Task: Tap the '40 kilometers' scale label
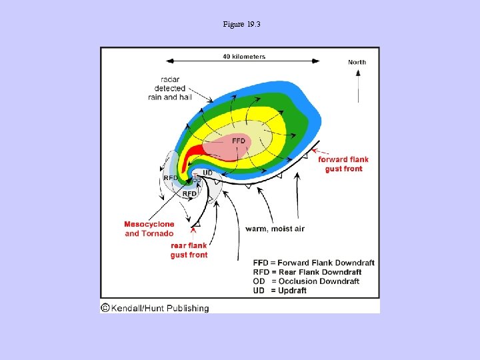pos(244,57)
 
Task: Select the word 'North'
pos(357,62)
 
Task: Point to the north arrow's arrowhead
pos(358,72)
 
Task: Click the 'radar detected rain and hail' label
pos(170,88)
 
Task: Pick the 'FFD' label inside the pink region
pos(239,141)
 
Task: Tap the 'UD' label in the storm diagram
pos(207,173)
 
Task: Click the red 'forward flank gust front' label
pos(343,164)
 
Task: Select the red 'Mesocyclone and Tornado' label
pos(149,229)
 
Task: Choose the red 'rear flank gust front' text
pos(189,250)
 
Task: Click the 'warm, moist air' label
pos(275,229)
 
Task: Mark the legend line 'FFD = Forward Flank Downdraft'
pos(314,263)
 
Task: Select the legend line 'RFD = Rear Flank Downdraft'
pos(307,272)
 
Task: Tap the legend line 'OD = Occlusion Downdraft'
pos(306,281)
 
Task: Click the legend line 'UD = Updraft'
pos(280,291)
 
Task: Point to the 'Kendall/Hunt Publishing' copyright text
pos(160,308)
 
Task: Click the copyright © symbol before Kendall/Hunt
pos(105,308)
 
